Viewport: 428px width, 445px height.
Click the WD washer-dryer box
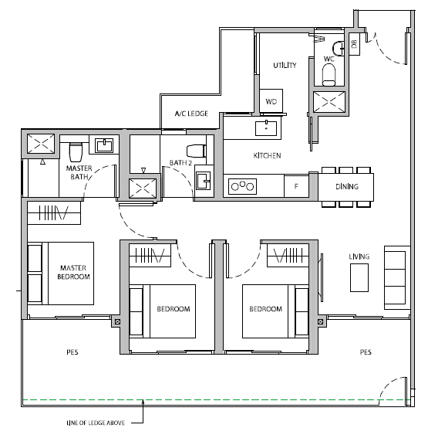[271, 100]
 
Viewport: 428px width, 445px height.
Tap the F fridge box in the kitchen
[296, 186]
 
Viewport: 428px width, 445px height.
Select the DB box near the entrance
[354, 44]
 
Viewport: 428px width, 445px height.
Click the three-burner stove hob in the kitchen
[242, 186]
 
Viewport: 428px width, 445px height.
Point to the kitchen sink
[266, 128]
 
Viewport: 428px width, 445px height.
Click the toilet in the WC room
[329, 74]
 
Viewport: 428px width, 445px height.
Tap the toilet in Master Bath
[76, 152]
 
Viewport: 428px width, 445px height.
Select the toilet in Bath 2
[196, 151]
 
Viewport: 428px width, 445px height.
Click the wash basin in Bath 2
[204, 181]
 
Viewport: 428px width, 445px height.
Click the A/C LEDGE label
[191, 114]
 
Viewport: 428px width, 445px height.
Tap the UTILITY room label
[285, 65]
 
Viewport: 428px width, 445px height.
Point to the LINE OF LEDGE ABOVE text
[96, 423]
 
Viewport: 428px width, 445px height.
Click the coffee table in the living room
[359, 277]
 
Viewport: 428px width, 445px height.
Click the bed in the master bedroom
[61, 273]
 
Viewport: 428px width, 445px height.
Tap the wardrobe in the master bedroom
[54, 213]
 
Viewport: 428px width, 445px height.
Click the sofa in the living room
[397, 277]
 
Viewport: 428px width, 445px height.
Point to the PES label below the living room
[366, 352]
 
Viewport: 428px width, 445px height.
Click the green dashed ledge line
[216, 400]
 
